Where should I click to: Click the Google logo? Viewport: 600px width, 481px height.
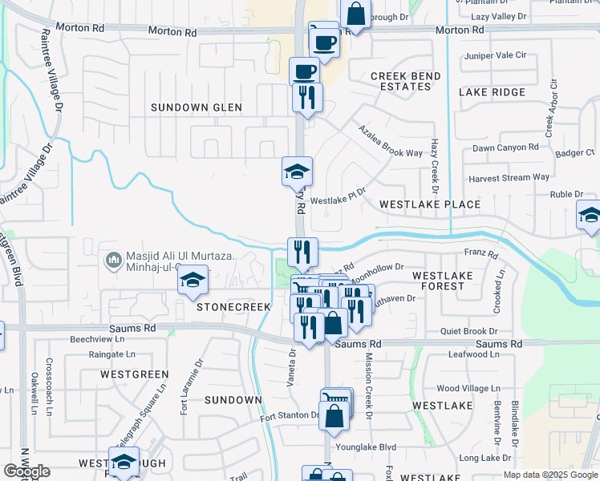(26, 471)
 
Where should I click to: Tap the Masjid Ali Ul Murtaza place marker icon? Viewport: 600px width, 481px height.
(112, 261)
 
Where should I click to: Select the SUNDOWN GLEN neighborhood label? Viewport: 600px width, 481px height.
(191, 107)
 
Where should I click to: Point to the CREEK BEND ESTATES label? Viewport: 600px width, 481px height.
(405, 81)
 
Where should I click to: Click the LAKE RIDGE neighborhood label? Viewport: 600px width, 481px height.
(492, 92)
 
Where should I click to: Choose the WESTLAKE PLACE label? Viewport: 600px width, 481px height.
(430, 204)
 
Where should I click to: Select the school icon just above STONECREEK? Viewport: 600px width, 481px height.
(193, 280)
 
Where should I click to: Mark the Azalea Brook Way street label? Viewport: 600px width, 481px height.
(390, 141)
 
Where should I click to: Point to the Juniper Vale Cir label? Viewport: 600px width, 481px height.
(495, 55)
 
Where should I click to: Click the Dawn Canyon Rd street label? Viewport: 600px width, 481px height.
(505, 148)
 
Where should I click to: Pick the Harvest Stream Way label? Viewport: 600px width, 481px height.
(509, 177)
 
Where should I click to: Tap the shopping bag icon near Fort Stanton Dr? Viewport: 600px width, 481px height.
(334, 416)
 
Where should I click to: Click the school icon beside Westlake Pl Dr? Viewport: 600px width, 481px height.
(296, 171)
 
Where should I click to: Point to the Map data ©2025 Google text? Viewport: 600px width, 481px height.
(549, 475)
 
